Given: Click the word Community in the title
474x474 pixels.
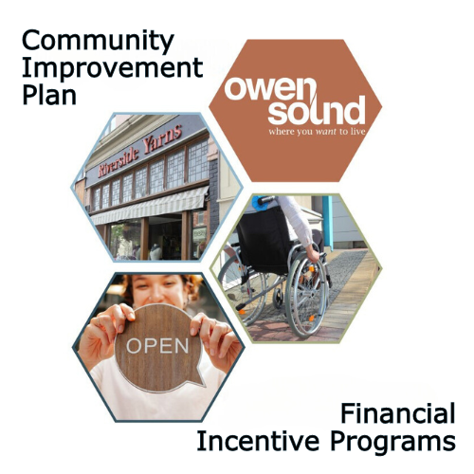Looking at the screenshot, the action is click(98, 42).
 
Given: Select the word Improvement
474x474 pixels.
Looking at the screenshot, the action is click(112, 69).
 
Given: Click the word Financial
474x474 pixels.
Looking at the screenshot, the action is click(398, 413).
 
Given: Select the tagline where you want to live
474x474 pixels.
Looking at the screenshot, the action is click(317, 131).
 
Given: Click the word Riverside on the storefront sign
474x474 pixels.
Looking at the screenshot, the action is click(118, 161).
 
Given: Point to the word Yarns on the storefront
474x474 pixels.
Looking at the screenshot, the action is click(163, 138).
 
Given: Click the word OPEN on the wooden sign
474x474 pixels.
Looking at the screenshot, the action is click(157, 346).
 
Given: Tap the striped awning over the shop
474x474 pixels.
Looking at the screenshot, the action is click(150, 206).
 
